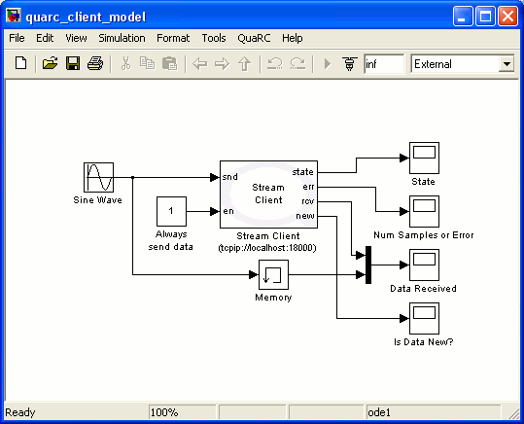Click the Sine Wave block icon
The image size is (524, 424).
click(98, 178)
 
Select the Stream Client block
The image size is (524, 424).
click(267, 193)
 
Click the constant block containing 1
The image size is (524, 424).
click(171, 210)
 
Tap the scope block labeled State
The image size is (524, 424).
click(423, 158)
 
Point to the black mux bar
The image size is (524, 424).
click(368, 265)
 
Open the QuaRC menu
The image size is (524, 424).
click(253, 38)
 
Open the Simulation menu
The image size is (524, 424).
click(122, 38)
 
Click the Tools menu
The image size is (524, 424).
click(213, 38)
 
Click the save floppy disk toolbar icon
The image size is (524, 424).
click(72, 64)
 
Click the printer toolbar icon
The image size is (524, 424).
click(94, 64)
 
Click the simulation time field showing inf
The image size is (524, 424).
click(383, 64)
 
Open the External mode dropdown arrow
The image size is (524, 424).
click(506, 64)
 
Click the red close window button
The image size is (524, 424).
click(508, 16)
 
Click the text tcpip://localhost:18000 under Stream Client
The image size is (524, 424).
click(267, 247)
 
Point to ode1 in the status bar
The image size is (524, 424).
click(379, 412)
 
